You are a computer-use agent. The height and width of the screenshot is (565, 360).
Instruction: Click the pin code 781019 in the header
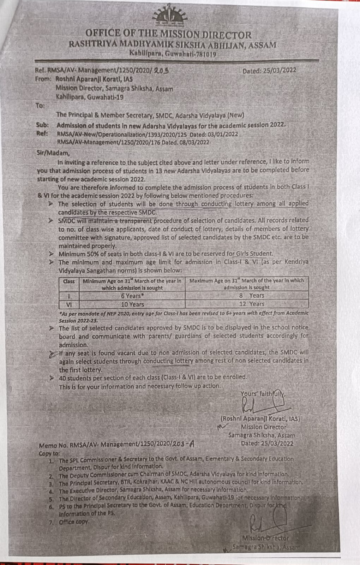[x=205, y=54]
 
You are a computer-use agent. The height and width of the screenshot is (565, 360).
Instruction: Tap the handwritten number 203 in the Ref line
[x=161, y=70]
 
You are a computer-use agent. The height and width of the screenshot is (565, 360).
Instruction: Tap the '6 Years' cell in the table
[x=132, y=296]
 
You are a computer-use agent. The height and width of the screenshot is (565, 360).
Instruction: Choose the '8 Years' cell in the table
[x=251, y=296]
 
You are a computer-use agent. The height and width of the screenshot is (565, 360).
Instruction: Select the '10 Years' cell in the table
[x=132, y=304]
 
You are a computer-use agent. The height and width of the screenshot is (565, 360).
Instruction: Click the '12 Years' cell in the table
[x=251, y=304]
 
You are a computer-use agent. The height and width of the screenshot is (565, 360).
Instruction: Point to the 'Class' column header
[x=69, y=281]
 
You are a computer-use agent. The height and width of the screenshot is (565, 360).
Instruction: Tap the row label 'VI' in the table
[x=69, y=304]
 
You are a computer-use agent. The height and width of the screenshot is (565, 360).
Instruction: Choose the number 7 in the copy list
[x=52, y=522]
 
